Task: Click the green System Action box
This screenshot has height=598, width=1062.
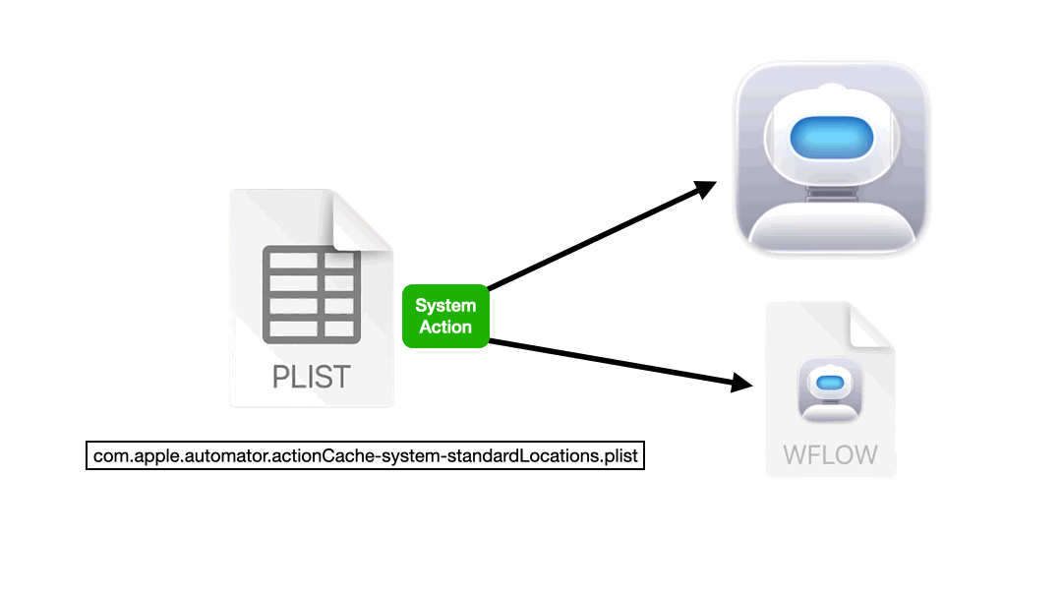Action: point(445,316)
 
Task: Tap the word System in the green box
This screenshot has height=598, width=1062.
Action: point(445,305)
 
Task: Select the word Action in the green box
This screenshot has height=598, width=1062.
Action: point(445,328)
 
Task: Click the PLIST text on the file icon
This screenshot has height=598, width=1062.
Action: point(312,377)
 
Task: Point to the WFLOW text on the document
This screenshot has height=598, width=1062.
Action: point(831,454)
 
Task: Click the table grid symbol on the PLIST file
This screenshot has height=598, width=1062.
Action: point(312,295)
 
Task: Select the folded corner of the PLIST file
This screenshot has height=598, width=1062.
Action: point(361,221)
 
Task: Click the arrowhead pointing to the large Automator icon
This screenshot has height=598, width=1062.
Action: point(706,189)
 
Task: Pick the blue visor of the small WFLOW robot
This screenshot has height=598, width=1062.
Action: point(831,382)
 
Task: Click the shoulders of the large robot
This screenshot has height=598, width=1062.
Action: point(831,231)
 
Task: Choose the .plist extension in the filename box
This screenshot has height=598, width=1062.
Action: point(619,457)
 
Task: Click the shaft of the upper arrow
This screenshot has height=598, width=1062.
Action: point(590,242)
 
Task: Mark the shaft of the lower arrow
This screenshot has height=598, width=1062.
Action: point(610,361)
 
